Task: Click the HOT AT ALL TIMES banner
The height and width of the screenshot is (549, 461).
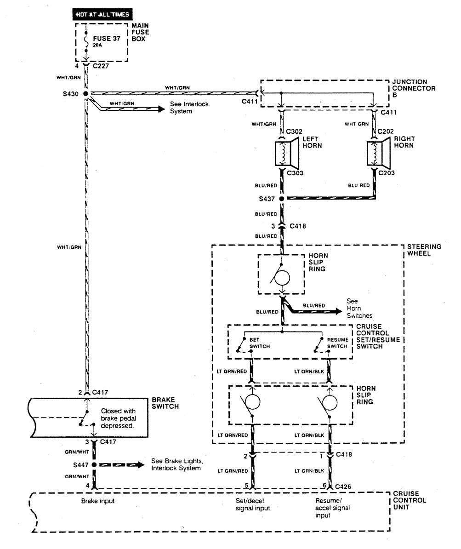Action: [x=102, y=14]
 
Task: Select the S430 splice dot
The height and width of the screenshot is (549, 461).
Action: [x=85, y=93]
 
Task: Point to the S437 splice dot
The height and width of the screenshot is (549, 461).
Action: [x=282, y=199]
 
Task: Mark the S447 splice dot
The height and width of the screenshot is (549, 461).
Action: [x=94, y=465]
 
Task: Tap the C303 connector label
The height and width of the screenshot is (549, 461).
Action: [x=295, y=173]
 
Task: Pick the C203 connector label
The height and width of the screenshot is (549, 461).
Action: [x=387, y=173]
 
